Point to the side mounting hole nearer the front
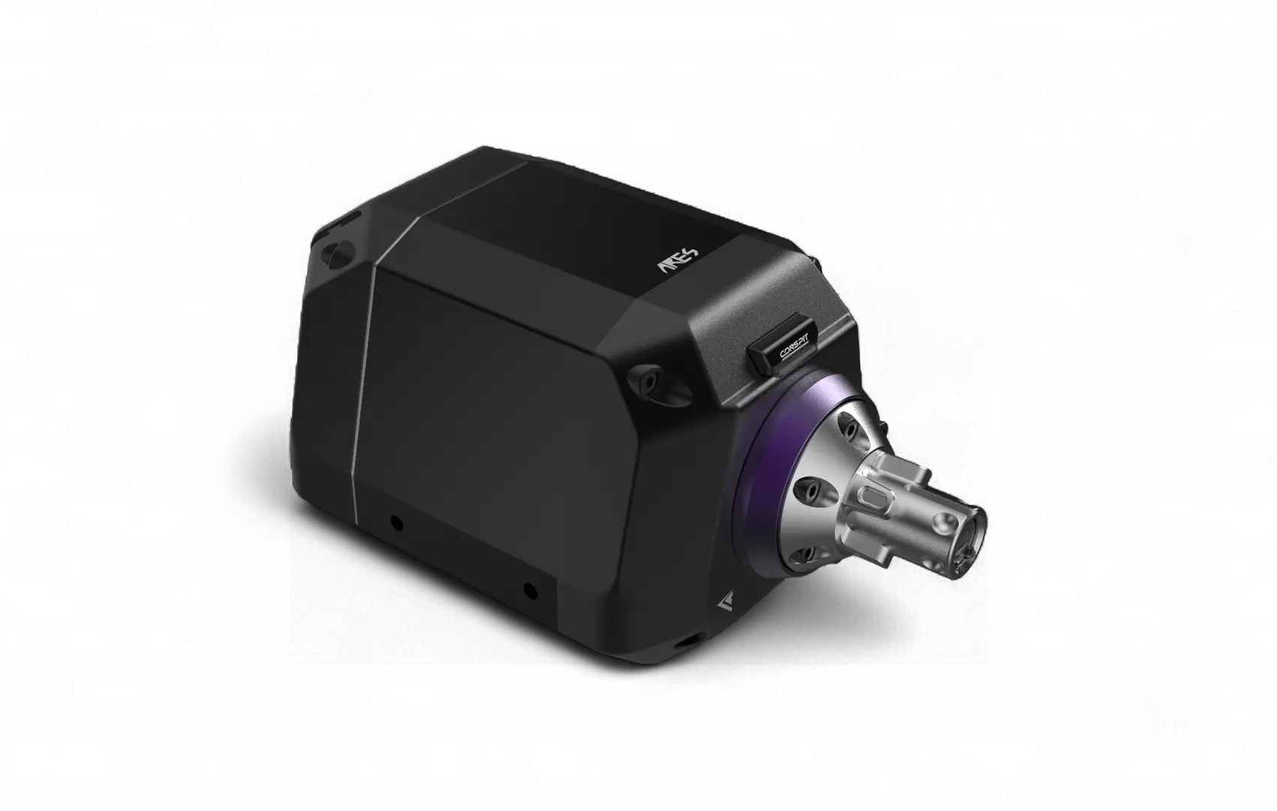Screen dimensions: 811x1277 (529, 590)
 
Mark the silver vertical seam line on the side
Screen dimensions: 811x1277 (363, 375)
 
